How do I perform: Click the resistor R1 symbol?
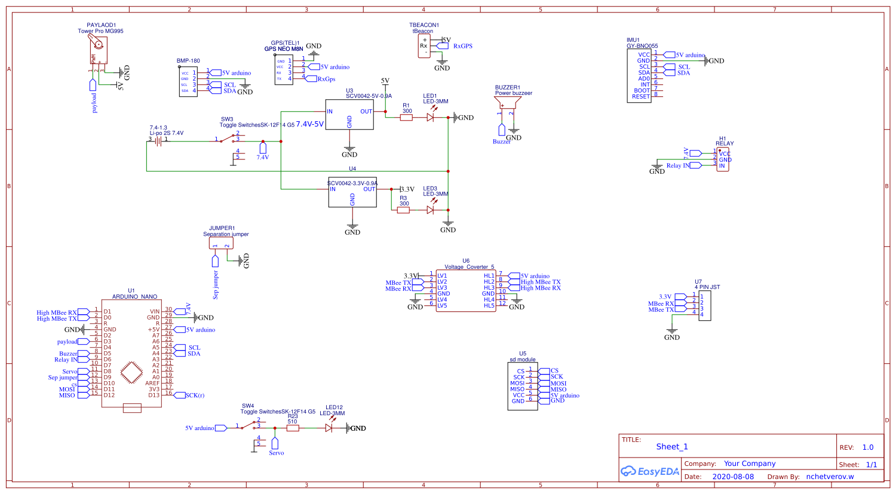(x=406, y=118)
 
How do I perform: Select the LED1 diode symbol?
(x=430, y=118)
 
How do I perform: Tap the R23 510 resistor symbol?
(x=293, y=428)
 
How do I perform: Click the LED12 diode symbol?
(x=329, y=428)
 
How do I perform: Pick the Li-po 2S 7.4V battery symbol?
(x=158, y=141)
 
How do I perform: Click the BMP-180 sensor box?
(x=188, y=81)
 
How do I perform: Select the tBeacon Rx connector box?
(x=424, y=46)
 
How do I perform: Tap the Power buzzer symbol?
(x=507, y=106)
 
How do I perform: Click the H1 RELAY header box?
(x=723, y=159)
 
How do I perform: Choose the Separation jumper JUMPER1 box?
(x=221, y=243)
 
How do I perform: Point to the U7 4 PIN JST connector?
(x=704, y=305)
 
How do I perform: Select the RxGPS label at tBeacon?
(x=462, y=46)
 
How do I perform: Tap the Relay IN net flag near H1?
(x=695, y=165)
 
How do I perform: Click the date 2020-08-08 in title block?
(x=733, y=477)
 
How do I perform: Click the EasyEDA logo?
(x=650, y=471)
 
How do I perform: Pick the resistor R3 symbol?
(x=404, y=210)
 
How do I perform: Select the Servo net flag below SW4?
(x=275, y=443)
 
